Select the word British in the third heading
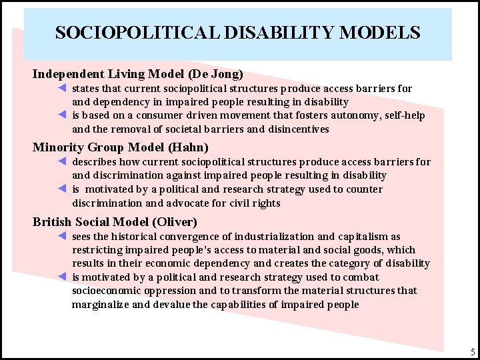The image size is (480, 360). pyautogui.click(x=53, y=221)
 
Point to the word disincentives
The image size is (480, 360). pyautogui.click(x=298, y=129)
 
